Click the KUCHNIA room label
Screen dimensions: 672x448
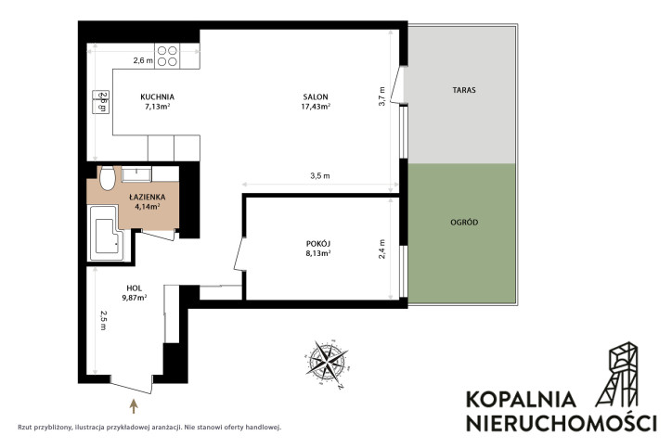pyautogui.click(x=157, y=97)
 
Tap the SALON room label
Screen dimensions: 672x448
pyautogui.click(x=316, y=97)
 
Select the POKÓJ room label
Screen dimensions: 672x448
pyautogui.click(x=318, y=244)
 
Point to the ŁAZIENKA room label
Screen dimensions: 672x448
pyautogui.click(x=148, y=197)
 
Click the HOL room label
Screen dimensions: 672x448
pyautogui.click(x=135, y=288)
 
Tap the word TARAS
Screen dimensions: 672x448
pyautogui.click(x=464, y=90)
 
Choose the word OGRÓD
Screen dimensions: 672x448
pyautogui.click(x=464, y=223)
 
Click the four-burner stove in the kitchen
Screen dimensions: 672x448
pyautogui.click(x=167, y=56)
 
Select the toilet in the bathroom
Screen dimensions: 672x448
pyautogui.click(x=107, y=178)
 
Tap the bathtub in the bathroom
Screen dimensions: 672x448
pyautogui.click(x=106, y=234)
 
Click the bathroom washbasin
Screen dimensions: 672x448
pyautogui.click(x=136, y=173)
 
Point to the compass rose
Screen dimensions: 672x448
pyautogui.click(x=328, y=364)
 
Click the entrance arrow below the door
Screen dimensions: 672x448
pyautogui.click(x=134, y=406)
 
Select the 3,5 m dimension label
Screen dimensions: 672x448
pyautogui.click(x=320, y=175)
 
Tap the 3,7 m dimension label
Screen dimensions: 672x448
pyautogui.click(x=382, y=96)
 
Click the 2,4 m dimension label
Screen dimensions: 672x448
pyautogui.click(x=381, y=249)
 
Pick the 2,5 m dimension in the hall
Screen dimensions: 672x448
pyautogui.click(x=103, y=320)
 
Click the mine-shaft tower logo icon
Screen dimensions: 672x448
pyautogui.click(x=617, y=374)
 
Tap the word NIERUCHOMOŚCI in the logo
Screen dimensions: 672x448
pyautogui.click(x=561, y=422)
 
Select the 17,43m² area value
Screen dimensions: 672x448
pyautogui.click(x=316, y=107)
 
